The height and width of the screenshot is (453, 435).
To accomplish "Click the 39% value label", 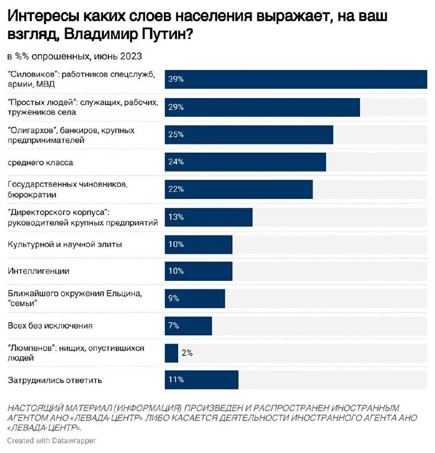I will pos(176,80).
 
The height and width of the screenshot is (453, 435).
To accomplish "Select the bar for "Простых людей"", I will pos(262,107).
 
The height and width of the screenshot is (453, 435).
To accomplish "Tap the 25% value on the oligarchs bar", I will pos(176,135).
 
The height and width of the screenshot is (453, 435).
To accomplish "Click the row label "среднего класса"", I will pos(40,163).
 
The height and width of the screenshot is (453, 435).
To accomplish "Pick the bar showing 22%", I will pos(239,189).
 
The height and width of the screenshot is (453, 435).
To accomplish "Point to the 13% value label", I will pos(176,217).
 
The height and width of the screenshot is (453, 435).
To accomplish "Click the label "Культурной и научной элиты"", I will pos(65,244).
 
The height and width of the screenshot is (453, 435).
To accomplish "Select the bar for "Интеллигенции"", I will pos(199,271).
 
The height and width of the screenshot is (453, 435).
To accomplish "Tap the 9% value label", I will pos(174,298).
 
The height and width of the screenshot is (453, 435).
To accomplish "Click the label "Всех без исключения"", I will pos(50,326).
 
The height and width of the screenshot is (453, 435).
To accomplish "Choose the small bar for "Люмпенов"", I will pos(171,353).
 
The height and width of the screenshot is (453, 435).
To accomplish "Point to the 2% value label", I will pos(187,353).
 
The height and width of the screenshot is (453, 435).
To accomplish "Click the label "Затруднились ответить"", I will pos(55,380).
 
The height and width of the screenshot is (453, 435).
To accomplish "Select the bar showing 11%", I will pos(201,380).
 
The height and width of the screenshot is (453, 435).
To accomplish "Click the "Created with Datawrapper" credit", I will pos(52,441).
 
